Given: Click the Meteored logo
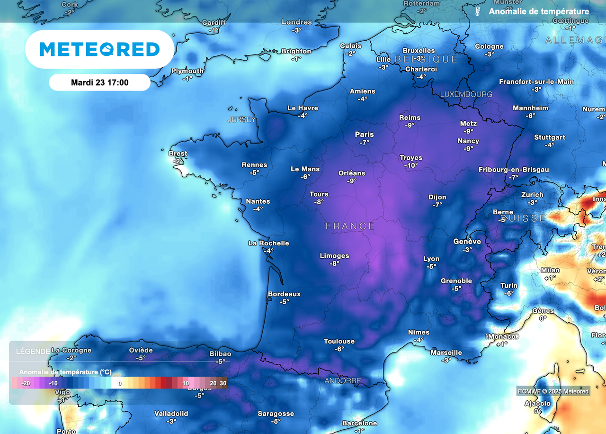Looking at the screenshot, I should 99,49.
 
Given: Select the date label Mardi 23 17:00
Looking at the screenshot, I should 99,82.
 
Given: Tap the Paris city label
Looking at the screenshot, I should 365,135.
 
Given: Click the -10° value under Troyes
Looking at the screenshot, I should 411,165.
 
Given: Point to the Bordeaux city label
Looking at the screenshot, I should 284,294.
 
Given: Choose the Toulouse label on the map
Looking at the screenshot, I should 339,341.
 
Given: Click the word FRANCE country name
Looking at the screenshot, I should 350,226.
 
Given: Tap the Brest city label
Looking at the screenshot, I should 178,154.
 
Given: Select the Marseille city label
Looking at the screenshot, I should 446,353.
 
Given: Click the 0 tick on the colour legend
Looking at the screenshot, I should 120,383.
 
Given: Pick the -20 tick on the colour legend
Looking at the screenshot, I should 26,383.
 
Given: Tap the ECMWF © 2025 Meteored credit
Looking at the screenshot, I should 553,391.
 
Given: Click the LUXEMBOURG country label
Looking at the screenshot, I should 466,94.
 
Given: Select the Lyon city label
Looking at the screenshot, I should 431,259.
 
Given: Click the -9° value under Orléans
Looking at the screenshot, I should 352,181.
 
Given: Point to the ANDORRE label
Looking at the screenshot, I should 343,381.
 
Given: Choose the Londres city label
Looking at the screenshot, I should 297,22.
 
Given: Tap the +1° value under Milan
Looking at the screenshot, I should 550,278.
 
